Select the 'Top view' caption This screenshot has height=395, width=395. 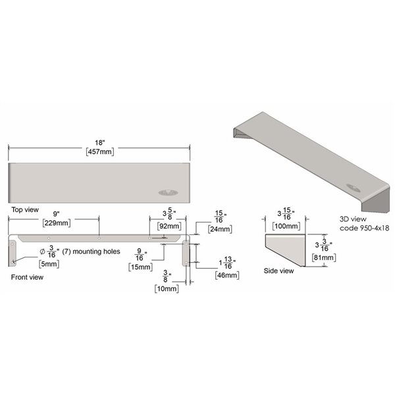pyautogui.click(x=24, y=209)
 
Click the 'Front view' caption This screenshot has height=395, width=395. pyautogui.click(x=27, y=278)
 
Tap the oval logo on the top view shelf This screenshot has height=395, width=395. pyautogui.click(x=166, y=193)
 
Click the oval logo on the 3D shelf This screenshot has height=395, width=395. pyautogui.click(x=351, y=185)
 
